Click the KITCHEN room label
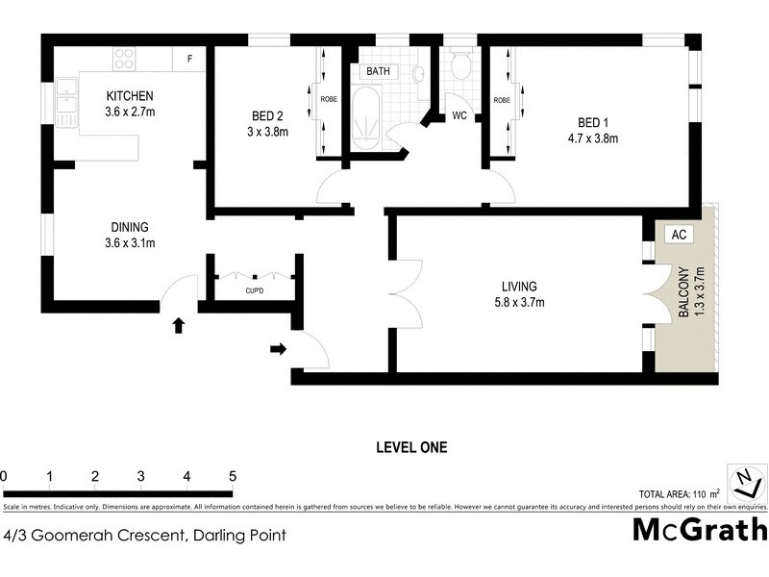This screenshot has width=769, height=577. tap(130, 96)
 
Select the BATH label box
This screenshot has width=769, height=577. tap(376, 72)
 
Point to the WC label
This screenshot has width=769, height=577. tap(459, 115)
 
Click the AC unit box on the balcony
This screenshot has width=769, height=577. tap(678, 235)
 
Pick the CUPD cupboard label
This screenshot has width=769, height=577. tap(254, 290)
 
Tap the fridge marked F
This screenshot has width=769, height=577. tap(189, 59)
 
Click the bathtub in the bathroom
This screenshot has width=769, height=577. tap(366, 117)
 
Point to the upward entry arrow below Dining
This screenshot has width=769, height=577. tap(177, 326)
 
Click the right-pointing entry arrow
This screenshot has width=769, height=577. tap(278, 349)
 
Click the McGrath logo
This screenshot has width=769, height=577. tap(699, 530)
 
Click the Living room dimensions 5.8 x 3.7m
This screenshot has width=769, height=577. tap(517, 304)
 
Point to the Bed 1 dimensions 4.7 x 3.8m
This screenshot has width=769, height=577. tap(592, 138)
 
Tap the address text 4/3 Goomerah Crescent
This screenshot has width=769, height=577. tap(144, 535)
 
